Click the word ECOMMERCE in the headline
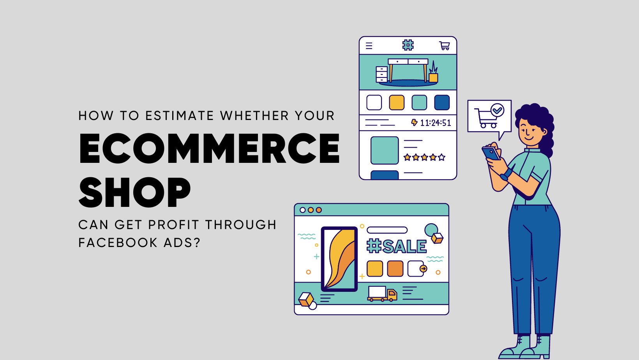click(209, 148)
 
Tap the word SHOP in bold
click(135, 192)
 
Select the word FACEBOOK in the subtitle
click(118, 243)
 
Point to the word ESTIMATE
click(180, 116)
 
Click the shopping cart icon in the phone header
click(445, 46)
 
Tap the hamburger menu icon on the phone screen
click(369, 46)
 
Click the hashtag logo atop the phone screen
click(408, 45)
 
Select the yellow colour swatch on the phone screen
click(397, 102)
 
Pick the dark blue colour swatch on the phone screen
click(442, 102)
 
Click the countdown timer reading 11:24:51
click(435, 123)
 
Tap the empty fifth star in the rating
click(441, 157)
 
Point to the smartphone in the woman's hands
click(491, 154)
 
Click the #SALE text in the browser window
click(397, 247)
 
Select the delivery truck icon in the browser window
click(382, 293)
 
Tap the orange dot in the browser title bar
click(319, 210)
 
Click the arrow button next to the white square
click(423, 269)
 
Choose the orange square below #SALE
click(395, 269)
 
